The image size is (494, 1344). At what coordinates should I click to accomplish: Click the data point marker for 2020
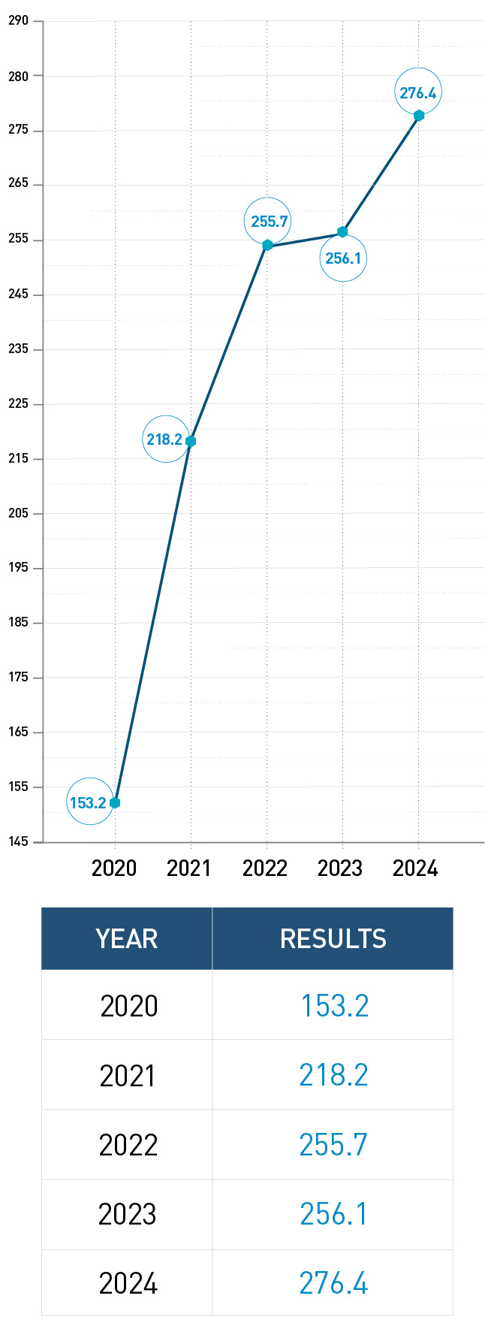pyautogui.click(x=115, y=803)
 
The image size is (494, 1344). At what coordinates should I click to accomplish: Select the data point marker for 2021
pyautogui.click(x=191, y=441)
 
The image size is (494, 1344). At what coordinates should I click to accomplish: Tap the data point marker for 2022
pyautogui.click(x=267, y=245)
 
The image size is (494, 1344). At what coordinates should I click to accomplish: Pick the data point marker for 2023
pyautogui.click(x=342, y=232)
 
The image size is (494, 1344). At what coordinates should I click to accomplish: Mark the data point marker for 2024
pyautogui.click(x=419, y=116)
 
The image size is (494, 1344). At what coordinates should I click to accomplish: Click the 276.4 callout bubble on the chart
pyautogui.click(x=417, y=92)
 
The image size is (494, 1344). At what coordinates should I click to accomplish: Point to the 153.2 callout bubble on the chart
pyautogui.click(x=89, y=802)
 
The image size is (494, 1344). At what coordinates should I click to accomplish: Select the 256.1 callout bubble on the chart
pyautogui.click(x=343, y=258)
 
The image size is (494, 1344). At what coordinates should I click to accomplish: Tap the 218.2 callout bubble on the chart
pyautogui.click(x=165, y=439)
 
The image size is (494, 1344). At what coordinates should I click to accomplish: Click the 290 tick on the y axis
pyautogui.click(x=19, y=20)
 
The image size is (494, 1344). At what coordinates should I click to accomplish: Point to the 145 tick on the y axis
pyautogui.click(x=19, y=841)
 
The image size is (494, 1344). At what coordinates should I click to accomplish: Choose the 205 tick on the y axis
pyautogui.click(x=19, y=513)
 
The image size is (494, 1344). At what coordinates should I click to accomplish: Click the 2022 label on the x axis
pyautogui.click(x=265, y=868)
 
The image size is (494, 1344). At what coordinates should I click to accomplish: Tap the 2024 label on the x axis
pyautogui.click(x=415, y=868)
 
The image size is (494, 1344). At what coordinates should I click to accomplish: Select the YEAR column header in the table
pyautogui.click(x=127, y=939)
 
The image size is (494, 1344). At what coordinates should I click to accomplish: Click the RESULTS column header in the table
pyautogui.click(x=333, y=939)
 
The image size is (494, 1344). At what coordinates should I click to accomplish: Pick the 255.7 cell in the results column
pyautogui.click(x=333, y=1145)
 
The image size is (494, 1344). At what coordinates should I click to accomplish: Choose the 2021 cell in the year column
pyautogui.click(x=128, y=1076)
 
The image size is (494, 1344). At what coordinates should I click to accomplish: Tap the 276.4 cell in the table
pyautogui.click(x=333, y=1283)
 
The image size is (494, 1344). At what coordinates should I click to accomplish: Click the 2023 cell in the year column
pyautogui.click(x=128, y=1214)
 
